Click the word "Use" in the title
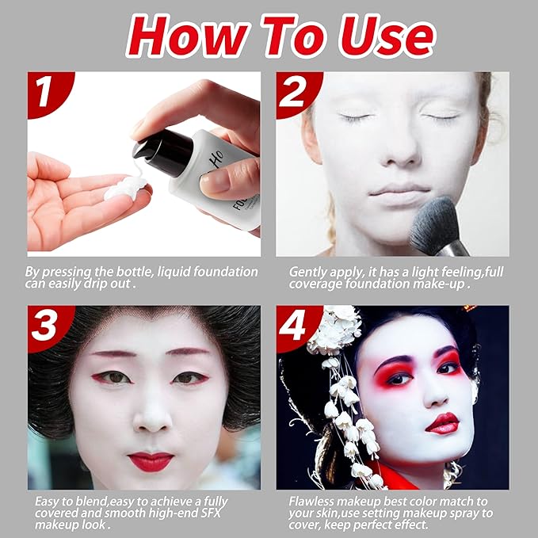[376, 35]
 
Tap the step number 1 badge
[45, 91]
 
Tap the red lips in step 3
[151, 460]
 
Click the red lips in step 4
[442, 423]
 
